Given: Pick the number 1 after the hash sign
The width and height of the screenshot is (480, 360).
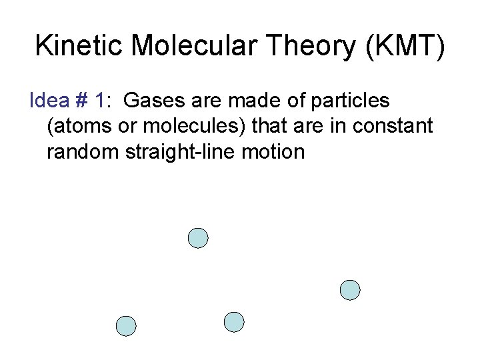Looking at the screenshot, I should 99,101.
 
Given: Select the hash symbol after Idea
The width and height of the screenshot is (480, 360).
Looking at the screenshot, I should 81,101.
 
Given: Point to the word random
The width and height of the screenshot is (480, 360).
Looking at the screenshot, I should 83,151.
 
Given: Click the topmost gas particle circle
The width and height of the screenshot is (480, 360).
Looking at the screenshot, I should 198,238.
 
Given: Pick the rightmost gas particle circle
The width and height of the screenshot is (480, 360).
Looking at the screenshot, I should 349,290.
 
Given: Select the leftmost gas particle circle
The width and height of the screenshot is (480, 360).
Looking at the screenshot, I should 126,326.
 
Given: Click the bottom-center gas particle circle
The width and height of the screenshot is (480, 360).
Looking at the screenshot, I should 234,322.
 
